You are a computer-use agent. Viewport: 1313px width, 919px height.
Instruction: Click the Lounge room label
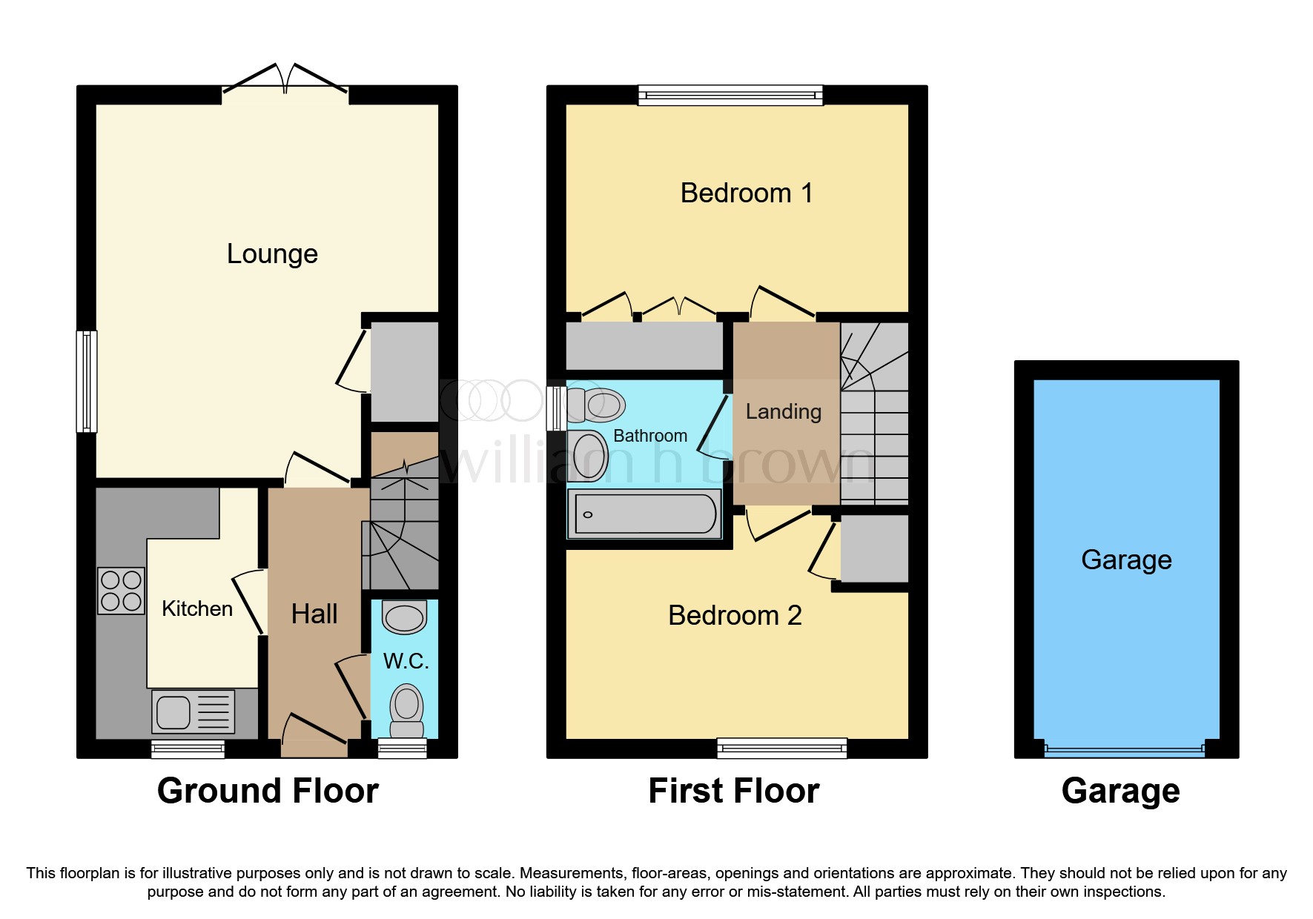[272, 254]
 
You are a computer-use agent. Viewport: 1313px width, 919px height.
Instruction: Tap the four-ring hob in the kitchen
[121, 591]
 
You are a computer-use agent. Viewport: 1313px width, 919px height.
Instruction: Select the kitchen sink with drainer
[194, 712]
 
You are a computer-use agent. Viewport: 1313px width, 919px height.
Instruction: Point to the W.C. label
[406, 661]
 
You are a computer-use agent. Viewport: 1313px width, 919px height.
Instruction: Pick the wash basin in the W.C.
[405, 617]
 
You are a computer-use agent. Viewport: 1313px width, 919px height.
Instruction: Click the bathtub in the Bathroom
[644, 514]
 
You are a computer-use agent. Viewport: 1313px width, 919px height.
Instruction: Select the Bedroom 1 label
[747, 193]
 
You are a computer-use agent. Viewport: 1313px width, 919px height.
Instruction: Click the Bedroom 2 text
[735, 616]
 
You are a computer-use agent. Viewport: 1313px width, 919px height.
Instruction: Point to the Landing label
[784, 412]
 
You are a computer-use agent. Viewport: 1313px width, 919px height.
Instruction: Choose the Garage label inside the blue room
[1126, 560]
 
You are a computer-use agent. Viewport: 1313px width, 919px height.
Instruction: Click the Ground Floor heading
[268, 791]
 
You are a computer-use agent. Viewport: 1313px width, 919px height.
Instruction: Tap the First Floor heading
[734, 791]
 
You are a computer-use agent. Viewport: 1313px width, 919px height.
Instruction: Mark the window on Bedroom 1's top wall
[731, 95]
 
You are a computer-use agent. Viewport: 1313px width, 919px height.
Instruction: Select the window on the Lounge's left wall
[87, 381]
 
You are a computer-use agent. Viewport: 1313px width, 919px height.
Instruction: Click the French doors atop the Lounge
[285, 79]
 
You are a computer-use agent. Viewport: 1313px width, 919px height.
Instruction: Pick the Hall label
[314, 614]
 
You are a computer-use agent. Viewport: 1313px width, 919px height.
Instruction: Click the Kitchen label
[197, 609]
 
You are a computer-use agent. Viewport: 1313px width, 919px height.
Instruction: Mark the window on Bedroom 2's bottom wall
[782, 748]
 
